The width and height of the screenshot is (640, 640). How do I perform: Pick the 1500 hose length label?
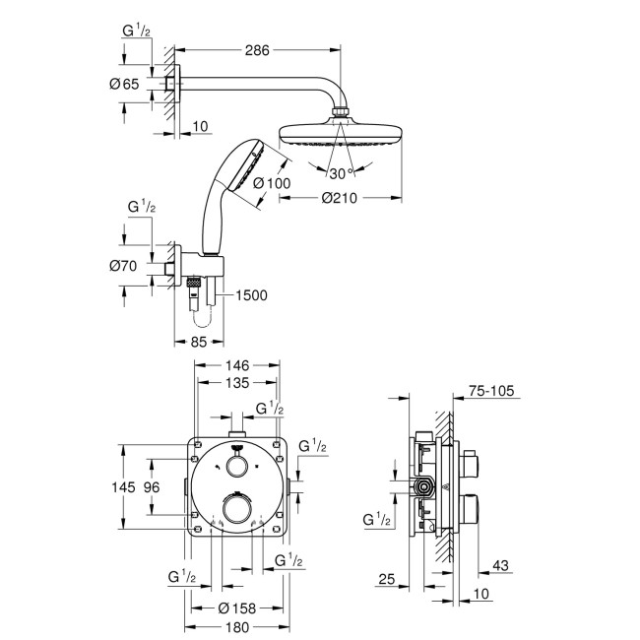251,294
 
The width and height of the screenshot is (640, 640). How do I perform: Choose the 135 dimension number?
236,384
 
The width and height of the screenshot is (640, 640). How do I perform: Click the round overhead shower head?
341,134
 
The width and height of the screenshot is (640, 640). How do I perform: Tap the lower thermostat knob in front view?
236,508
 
